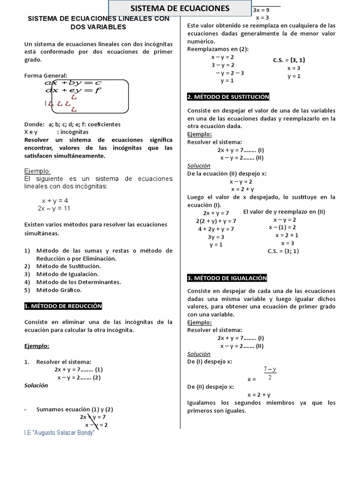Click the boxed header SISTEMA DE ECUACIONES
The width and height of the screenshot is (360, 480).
pyautogui.click(x=180, y=8)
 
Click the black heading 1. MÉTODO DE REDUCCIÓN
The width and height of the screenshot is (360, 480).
pyautogui.click(x=63, y=306)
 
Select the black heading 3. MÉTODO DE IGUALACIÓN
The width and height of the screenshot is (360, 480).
pyautogui.click(x=227, y=278)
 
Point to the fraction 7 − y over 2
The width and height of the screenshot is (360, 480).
pyautogui.click(x=270, y=374)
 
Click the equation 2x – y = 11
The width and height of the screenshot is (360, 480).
pyautogui.click(x=54, y=208)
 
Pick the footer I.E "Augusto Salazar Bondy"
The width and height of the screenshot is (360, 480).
pyautogui.click(x=60, y=432)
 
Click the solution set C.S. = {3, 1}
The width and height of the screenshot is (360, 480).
pyautogui.click(x=289, y=60)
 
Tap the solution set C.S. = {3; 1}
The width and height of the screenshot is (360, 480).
pyautogui.click(x=283, y=251)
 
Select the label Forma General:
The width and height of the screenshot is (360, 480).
pyautogui.click(x=45, y=75)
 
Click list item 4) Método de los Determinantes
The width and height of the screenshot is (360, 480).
pyautogui.click(x=73, y=282)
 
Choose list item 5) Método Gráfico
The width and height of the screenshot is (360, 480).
pyautogui.click(x=53, y=290)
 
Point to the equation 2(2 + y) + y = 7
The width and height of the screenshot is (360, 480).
pyautogui.click(x=216, y=221)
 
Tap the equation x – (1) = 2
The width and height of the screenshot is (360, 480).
pyautogui.click(x=282, y=227)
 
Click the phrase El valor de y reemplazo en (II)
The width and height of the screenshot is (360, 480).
pyautogui.click(x=284, y=211)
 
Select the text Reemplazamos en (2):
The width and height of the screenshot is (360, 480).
pyautogui.click(x=218, y=49)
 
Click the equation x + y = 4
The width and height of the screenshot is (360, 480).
pyautogui.click(x=55, y=200)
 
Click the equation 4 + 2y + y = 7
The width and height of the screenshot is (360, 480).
pyautogui.click(x=216, y=229)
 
